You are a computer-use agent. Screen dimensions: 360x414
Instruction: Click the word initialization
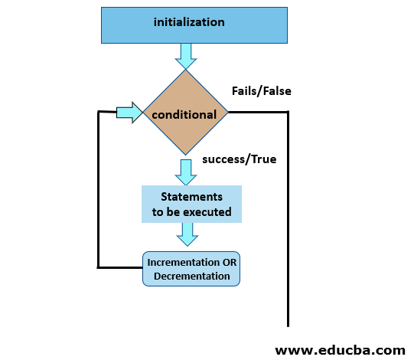click(189, 22)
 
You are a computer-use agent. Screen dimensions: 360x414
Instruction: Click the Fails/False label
click(261, 91)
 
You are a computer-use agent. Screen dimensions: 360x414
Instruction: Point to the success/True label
click(240, 159)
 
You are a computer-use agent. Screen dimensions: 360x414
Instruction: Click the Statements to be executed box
click(191, 204)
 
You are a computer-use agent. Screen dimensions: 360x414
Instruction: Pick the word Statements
click(191, 197)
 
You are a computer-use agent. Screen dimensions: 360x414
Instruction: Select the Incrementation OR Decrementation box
click(191, 269)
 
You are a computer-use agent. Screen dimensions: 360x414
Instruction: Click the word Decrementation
click(191, 276)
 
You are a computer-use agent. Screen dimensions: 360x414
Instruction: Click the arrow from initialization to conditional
click(186, 55)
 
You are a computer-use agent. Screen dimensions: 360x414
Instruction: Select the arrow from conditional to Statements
click(186, 170)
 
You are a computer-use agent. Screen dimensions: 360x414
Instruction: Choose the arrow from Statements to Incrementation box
click(186, 234)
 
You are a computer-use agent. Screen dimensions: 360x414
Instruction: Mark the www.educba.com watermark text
click(340, 350)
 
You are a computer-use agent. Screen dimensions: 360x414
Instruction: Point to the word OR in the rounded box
click(228, 263)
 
